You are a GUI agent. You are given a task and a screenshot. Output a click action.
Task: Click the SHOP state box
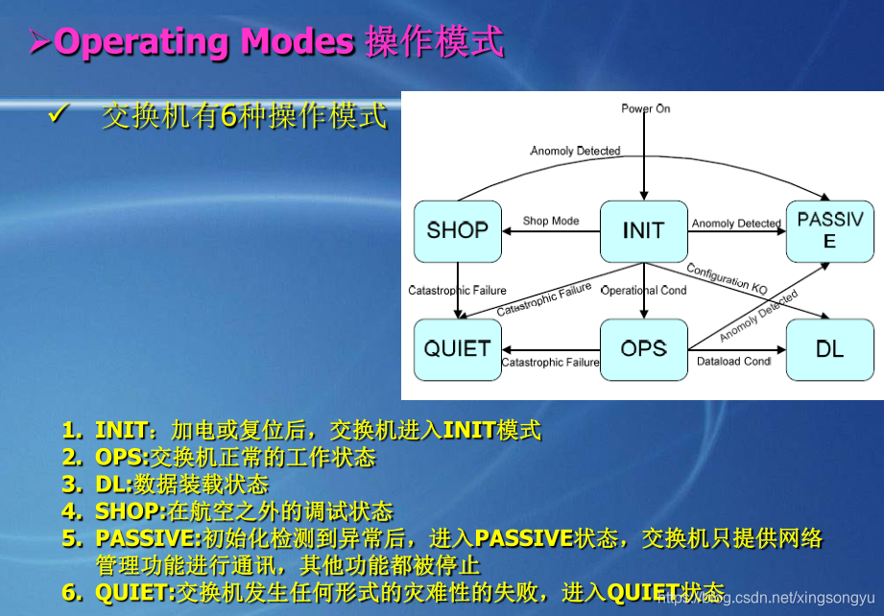click(457, 231)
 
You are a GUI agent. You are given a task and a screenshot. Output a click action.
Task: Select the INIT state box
click(643, 231)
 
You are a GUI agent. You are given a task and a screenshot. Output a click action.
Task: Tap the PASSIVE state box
click(829, 231)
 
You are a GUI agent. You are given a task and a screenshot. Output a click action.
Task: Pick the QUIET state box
click(457, 349)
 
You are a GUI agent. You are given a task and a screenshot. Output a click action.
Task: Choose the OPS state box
click(643, 349)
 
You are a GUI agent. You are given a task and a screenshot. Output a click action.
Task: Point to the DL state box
click(829, 349)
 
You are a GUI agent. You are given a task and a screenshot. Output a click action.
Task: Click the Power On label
click(645, 108)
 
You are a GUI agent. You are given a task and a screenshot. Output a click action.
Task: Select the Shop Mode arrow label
click(550, 221)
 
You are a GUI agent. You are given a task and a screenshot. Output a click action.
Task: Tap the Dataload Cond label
click(733, 362)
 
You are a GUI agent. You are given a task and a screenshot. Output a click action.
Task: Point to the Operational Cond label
click(643, 290)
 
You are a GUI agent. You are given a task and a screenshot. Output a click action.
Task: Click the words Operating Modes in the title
click(204, 42)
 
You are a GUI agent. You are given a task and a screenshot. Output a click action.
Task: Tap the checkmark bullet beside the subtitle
click(56, 116)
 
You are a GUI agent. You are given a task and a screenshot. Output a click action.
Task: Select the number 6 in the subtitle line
click(228, 117)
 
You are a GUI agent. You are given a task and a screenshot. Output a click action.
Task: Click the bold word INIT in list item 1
click(121, 430)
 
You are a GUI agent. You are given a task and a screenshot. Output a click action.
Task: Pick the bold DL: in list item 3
click(114, 484)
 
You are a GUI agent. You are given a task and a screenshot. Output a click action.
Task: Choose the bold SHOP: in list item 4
click(131, 511)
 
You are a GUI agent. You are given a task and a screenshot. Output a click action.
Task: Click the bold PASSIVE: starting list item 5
click(149, 538)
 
